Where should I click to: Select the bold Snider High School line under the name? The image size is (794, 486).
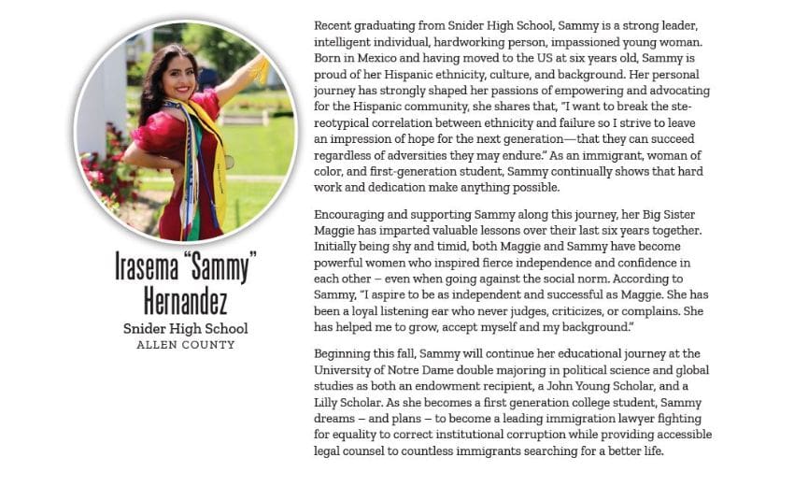[186, 328]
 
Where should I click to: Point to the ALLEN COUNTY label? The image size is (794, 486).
[186, 345]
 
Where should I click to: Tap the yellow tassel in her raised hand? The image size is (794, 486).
[259, 68]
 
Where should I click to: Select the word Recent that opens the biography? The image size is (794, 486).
[334, 24]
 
